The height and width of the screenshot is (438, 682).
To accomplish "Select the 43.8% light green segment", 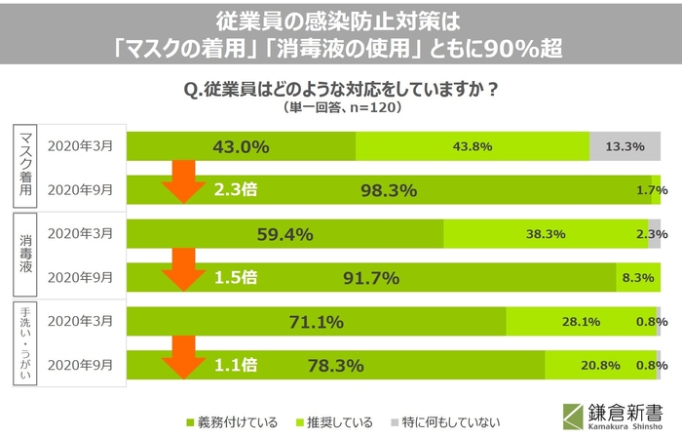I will (x=473, y=147).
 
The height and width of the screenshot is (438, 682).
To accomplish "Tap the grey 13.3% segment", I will (x=625, y=147).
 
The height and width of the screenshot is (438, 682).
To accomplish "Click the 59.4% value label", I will (x=284, y=234).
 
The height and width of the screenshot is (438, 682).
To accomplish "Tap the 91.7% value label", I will (x=371, y=278).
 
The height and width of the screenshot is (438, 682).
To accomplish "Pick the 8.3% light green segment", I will (x=637, y=278).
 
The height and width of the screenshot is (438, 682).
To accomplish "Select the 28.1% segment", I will (x=581, y=322).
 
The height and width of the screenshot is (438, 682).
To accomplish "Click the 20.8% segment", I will (x=599, y=366).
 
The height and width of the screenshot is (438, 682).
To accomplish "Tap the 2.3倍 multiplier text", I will (x=236, y=190).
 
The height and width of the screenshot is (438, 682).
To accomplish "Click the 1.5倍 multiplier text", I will (x=236, y=278).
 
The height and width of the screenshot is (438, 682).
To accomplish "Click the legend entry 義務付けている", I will (x=232, y=422).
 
